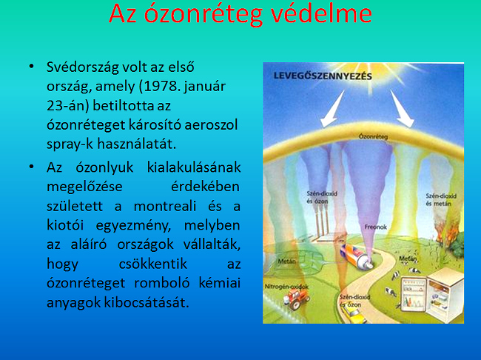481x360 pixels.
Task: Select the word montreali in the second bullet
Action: tap(165, 206)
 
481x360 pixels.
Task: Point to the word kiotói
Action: tap(65, 225)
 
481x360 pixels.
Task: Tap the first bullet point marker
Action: tap(31, 67)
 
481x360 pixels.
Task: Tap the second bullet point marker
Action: tap(31, 167)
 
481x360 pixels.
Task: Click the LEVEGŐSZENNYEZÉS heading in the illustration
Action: tap(323, 76)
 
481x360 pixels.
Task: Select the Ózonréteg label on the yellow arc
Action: tap(373, 136)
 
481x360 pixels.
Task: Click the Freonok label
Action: tap(375, 227)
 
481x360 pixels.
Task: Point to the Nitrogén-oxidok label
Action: tap(286, 286)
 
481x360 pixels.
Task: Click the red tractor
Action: tap(296, 299)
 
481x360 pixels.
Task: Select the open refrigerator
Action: tap(432, 294)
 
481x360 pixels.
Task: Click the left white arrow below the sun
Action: tap(332, 109)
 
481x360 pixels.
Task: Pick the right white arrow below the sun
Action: tap(402, 108)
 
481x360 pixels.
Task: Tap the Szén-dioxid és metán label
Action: tap(441, 200)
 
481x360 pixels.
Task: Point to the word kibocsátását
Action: tap(147, 302)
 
